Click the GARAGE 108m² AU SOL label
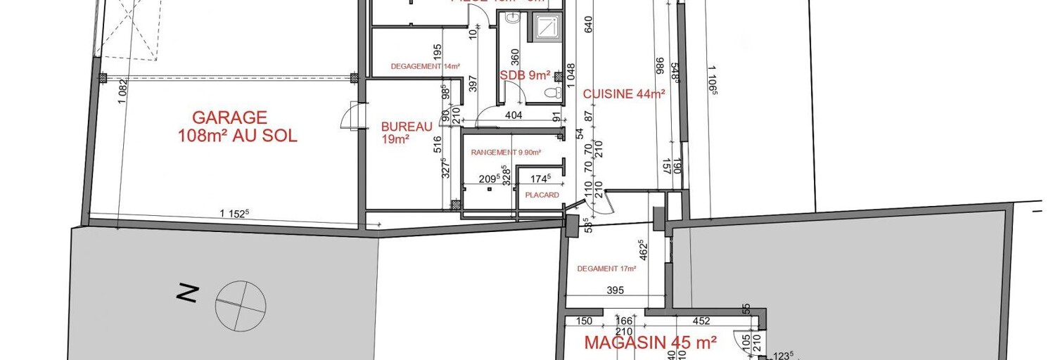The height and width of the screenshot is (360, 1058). [237, 127]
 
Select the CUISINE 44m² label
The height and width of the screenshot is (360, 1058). [624, 94]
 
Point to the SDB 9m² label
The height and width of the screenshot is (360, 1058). [525, 75]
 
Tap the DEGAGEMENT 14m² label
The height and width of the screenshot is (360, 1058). [425, 67]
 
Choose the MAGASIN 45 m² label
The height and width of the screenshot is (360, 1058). [651, 342]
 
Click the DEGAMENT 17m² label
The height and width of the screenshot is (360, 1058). [606, 269]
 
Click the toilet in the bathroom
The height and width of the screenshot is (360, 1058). [554, 92]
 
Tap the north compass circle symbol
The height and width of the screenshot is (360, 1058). [241, 305]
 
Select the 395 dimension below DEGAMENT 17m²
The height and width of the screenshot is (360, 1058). [615, 290]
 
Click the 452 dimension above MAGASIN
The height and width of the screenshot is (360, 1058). [701, 322]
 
